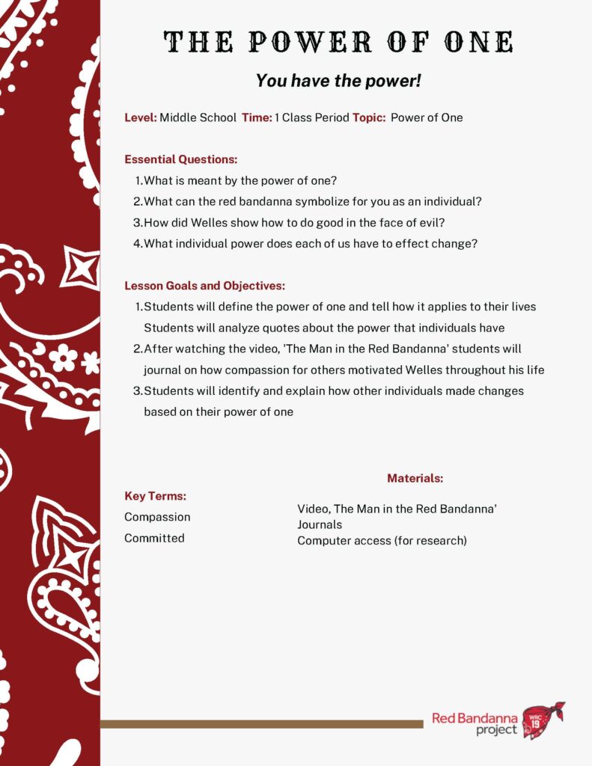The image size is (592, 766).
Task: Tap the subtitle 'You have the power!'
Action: point(339,81)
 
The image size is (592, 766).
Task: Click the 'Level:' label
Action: point(141,117)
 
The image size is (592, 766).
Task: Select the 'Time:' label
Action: point(257,117)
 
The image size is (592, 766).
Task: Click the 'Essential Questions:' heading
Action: point(180,159)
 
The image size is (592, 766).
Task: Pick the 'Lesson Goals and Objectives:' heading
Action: point(204,286)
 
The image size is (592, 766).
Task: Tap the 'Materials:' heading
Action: point(415,478)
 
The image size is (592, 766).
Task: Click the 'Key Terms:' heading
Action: point(155,496)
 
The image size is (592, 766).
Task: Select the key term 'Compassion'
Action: point(157,517)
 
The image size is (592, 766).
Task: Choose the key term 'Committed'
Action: point(154,538)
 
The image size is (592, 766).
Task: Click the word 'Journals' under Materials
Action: point(320,524)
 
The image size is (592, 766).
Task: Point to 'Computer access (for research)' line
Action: point(382,540)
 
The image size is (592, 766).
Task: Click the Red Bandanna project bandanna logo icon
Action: point(543,720)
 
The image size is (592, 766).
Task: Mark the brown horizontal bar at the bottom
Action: point(261,724)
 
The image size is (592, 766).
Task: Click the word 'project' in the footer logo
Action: point(496,729)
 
